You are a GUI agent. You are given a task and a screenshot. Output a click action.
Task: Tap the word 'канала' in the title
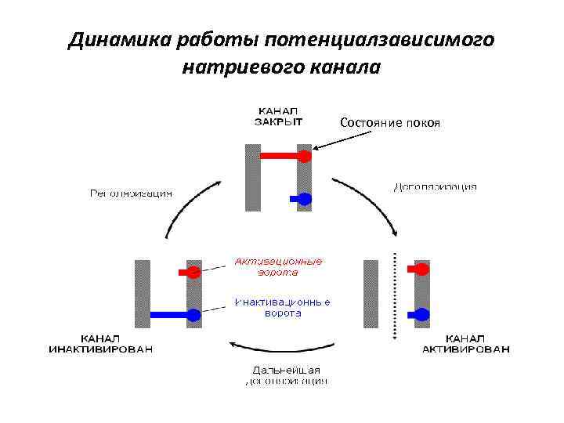coord(345,67)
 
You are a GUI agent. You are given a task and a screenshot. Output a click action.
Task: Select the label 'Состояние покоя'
coord(390,123)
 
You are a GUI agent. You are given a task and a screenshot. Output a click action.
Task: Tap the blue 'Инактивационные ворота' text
coord(281,308)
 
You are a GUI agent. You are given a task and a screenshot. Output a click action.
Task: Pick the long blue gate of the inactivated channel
coord(173,315)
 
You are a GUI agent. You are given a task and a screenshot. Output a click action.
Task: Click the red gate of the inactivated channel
coord(190,273)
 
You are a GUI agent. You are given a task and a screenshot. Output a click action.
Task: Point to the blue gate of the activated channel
coord(421,315)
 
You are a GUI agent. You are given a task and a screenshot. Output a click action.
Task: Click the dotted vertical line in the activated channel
coord(396,295)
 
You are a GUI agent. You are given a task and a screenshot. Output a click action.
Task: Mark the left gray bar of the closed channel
coord(252,177)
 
